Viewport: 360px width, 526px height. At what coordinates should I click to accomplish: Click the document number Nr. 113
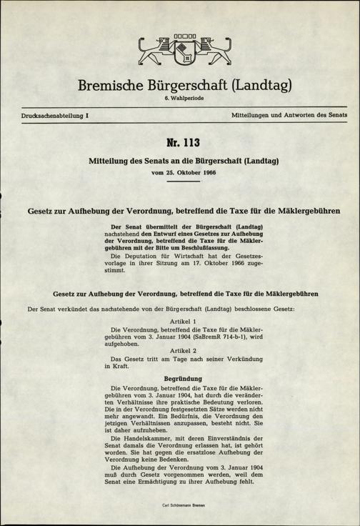pos(180,143)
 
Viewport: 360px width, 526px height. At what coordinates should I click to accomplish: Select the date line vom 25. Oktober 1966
pos(180,173)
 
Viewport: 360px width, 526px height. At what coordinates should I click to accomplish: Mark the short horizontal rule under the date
pos(180,182)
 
